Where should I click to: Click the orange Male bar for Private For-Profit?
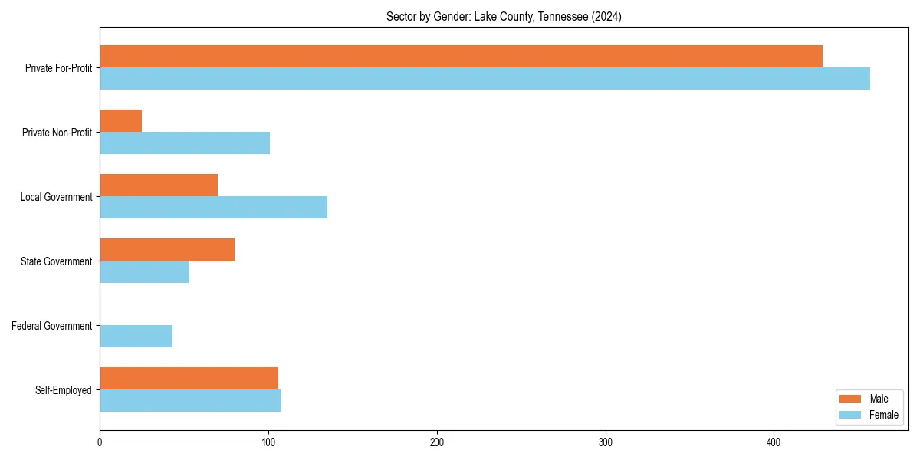pyautogui.click(x=461, y=57)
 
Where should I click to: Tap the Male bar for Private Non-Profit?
pyautogui.click(x=121, y=121)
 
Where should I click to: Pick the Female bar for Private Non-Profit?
pyautogui.click(x=185, y=143)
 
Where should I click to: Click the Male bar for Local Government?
pyautogui.click(x=159, y=186)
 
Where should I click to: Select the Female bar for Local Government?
pyautogui.click(x=213, y=208)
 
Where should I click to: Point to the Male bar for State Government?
pyautogui.click(x=167, y=250)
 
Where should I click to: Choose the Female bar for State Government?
pyautogui.click(x=144, y=272)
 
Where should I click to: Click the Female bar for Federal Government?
pyautogui.click(x=136, y=337)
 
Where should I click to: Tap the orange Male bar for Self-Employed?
pyautogui.click(x=189, y=379)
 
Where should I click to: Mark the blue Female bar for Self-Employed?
pyautogui.click(x=190, y=401)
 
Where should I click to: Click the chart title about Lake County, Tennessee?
pyautogui.click(x=504, y=17)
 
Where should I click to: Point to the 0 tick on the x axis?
pyautogui.click(x=100, y=442)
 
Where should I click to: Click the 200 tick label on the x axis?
pyautogui.click(x=437, y=442)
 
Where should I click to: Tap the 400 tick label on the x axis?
pyautogui.click(x=774, y=442)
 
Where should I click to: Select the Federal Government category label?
pyautogui.click(x=52, y=326)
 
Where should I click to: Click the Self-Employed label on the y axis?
pyautogui.click(x=64, y=390)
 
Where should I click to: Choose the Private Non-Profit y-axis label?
pyautogui.click(x=57, y=133)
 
